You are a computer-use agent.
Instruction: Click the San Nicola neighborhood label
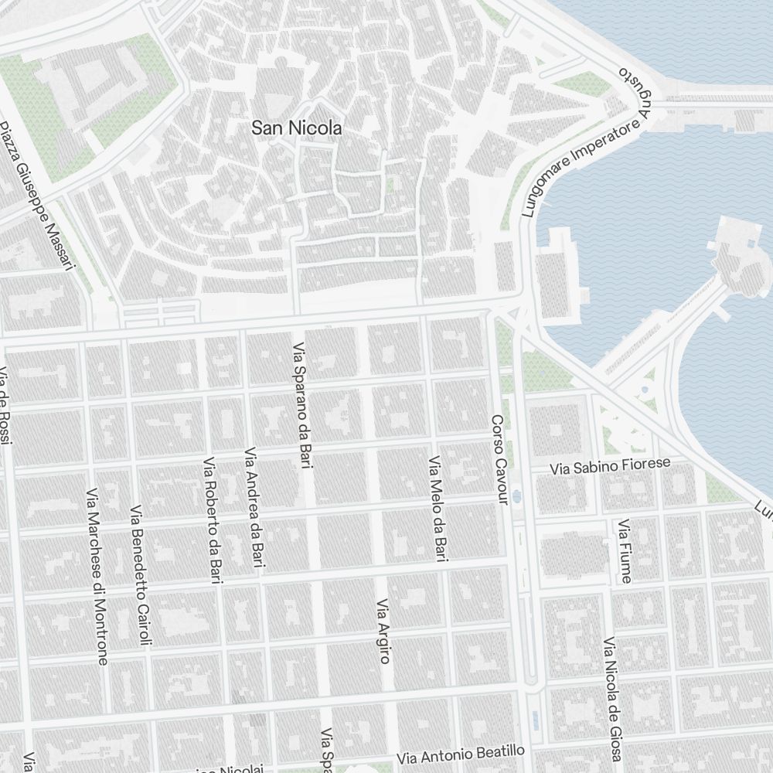tap(297, 128)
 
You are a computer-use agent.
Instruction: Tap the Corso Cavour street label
tap(499, 461)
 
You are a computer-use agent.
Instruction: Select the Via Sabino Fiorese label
tap(610, 466)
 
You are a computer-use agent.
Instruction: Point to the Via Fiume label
tap(625, 551)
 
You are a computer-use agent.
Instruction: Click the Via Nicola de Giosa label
tap(613, 699)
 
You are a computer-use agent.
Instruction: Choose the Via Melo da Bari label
tap(438, 508)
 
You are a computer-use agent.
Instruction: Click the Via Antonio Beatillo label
tap(461, 754)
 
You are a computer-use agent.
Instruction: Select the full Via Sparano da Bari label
tap(303, 406)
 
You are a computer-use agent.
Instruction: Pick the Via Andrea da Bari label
tap(254, 510)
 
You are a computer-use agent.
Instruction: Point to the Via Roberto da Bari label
tap(213, 520)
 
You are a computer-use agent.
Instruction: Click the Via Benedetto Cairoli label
tap(142, 575)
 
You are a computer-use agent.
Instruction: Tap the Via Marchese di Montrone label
tap(97, 576)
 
